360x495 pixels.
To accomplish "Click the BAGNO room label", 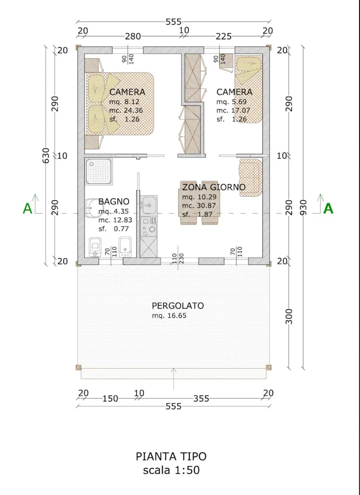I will point(114,202).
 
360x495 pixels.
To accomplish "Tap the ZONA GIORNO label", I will point(214,187).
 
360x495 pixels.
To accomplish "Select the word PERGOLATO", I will point(178,306).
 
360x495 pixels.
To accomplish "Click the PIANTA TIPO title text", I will point(171,456).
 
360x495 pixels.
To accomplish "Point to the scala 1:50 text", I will point(171,471).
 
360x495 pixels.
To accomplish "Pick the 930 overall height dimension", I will point(304,207).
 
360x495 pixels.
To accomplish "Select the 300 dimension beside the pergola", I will point(289,316).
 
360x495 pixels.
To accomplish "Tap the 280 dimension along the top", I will point(133,36).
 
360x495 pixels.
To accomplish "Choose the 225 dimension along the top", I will point(223,36).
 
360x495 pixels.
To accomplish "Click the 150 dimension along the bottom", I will point(110,398).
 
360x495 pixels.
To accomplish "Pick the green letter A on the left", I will point(28,208).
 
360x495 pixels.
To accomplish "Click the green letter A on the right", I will point(328,208).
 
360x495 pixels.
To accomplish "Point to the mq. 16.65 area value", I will point(169,316).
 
